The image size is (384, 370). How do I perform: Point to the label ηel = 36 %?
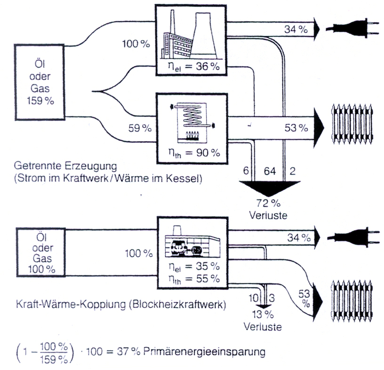pyautogui.click(x=191, y=66)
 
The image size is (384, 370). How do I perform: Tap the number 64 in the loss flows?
pyautogui.click(x=268, y=172)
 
